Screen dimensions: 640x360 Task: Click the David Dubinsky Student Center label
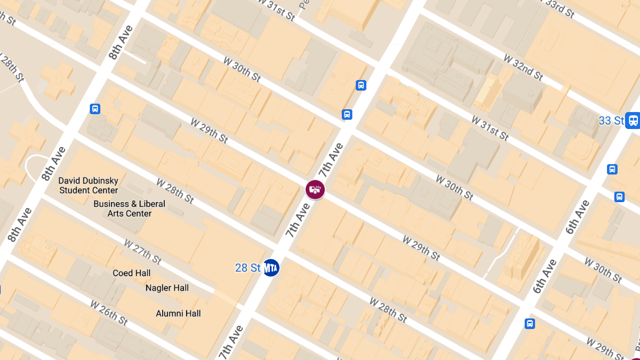[x=89, y=186]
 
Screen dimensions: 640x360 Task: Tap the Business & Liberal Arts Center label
[x=130, y=209]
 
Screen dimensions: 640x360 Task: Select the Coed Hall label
[x=132, y=273]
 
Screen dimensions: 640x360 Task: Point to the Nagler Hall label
[x=167, y=288]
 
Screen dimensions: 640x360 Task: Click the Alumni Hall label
[x=178, y=314]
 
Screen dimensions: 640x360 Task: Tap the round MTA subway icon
[x=271, y=268]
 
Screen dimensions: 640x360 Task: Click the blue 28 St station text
[x=248, y=268]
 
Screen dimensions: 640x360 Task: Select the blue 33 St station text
[x=611, y=121]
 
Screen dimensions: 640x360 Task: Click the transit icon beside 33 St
[x=633, y=120]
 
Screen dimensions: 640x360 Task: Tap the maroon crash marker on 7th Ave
[x=315, y=189]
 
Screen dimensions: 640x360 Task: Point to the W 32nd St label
[x=523, y=67]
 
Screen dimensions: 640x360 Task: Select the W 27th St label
[x=142, y=252]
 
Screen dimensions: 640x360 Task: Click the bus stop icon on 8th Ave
[x=95, y=109]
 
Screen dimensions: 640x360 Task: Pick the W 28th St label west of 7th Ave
[x=175, y=191]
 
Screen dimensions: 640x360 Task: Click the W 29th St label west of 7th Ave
[x=209, y=131]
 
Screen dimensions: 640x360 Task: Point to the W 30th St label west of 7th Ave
[x=242, y=69]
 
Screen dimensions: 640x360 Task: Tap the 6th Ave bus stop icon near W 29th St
[x=530, y=323]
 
